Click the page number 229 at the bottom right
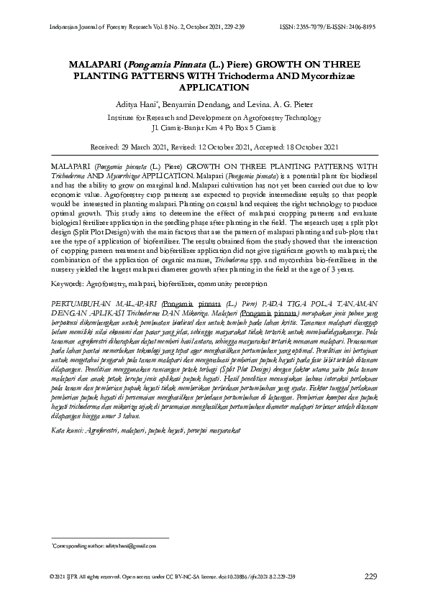point(370,577)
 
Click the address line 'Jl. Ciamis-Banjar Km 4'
point(188,126)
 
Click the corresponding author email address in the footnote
point(123,547)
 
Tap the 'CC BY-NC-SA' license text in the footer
point(186,578)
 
